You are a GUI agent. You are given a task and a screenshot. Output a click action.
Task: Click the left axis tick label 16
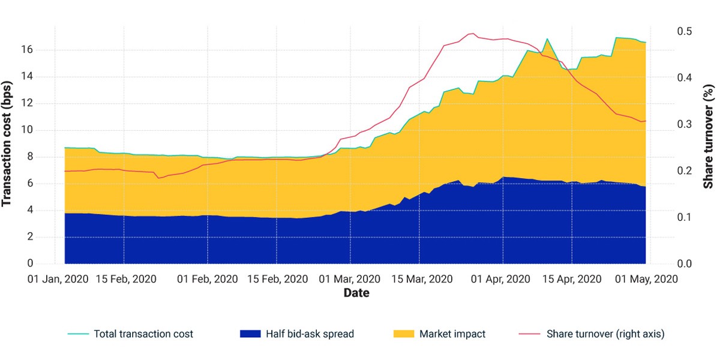27,49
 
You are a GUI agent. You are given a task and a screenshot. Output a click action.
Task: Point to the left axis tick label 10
27,130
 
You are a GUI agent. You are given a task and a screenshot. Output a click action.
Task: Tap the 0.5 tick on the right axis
685,31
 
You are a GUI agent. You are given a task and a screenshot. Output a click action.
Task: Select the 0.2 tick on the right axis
685,170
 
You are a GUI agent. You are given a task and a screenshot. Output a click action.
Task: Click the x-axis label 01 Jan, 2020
58,279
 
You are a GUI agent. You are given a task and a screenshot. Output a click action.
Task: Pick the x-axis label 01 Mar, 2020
349,279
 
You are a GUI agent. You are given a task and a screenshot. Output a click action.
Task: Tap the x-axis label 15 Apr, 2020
572,279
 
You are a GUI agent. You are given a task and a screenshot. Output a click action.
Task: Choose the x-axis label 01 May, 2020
646,279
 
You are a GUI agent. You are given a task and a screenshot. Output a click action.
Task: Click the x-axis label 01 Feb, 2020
208,279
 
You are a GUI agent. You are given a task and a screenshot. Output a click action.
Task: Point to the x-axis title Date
356,293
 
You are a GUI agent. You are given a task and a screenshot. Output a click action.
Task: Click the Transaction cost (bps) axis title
6,144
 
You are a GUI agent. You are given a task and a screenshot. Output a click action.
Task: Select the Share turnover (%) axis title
709,136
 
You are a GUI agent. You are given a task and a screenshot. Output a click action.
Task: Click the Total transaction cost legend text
143,334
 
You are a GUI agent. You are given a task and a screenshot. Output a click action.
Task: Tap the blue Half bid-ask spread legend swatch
250,334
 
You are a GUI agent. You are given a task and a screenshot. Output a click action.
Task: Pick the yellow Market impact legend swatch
404,334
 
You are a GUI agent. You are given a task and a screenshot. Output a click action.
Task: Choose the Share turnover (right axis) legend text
605,334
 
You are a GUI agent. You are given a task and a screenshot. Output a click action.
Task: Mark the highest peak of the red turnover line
473,33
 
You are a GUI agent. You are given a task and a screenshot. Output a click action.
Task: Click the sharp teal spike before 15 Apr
547,39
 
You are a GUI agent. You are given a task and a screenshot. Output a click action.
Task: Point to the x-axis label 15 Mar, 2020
422,279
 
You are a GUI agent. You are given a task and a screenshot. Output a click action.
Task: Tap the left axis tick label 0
30,263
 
